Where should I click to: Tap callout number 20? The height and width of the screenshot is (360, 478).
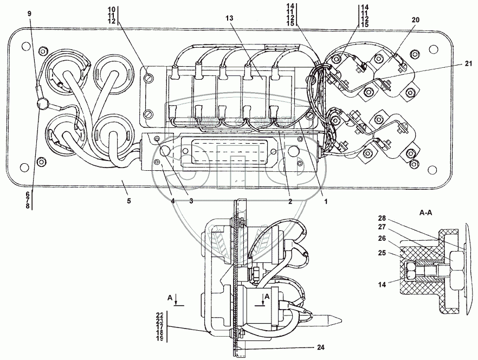point(416,19)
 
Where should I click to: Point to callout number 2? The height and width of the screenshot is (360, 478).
point(290,201)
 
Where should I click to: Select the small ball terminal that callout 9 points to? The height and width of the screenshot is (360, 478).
point(41,104)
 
